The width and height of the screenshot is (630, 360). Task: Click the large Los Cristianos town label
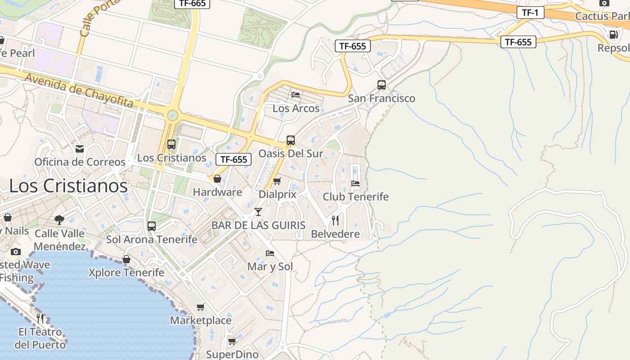68,186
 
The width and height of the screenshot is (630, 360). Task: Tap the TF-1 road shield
530,13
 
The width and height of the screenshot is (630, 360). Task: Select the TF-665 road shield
192,3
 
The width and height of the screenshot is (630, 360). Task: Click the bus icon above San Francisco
381,85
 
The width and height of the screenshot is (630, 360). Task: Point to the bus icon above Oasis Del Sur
291,140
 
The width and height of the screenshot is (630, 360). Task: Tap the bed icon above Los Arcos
296,95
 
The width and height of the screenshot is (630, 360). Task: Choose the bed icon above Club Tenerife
355,184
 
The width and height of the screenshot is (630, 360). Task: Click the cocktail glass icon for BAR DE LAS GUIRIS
258,211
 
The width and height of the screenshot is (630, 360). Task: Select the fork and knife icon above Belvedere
335,220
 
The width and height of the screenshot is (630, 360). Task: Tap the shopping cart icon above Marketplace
200,307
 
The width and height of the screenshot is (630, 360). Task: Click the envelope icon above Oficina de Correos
80,149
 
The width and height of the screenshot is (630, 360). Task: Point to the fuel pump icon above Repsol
613,35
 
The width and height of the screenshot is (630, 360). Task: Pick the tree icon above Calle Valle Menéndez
59,220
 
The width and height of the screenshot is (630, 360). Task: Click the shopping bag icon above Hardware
217,179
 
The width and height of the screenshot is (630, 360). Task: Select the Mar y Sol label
270,266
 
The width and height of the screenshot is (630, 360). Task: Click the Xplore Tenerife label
126,273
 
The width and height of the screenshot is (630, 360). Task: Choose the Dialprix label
278,194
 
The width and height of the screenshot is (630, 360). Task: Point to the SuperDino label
232,354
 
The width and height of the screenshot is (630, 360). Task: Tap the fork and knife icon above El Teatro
40,319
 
